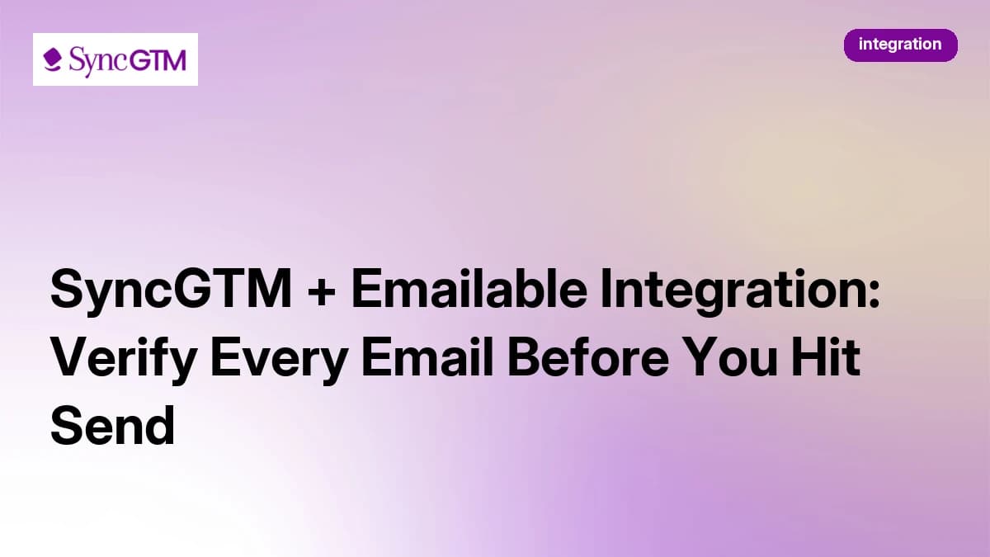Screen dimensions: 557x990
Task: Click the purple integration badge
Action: (x=900, y=45)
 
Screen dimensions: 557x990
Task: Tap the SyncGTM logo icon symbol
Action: (x=53, y=60)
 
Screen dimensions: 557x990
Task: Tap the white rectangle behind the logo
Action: (x=115, y=78)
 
